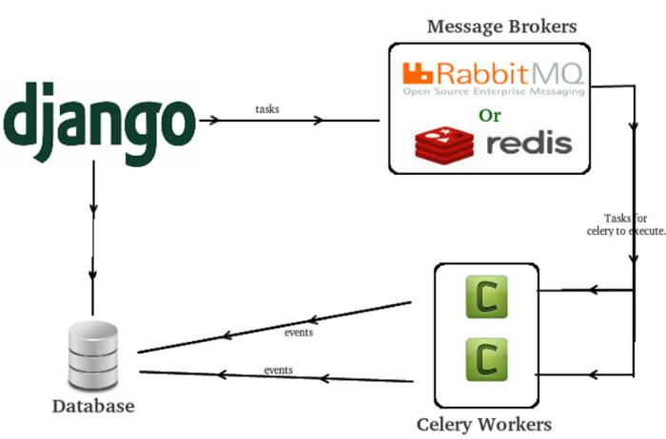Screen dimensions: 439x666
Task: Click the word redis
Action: (529, 143)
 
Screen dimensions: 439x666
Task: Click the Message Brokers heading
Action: (490, 26)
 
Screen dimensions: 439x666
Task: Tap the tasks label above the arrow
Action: (267, 109)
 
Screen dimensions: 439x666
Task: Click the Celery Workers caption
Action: (484, 422)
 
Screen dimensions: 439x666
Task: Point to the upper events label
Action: (299, 333)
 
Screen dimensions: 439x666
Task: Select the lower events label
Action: (278, 370)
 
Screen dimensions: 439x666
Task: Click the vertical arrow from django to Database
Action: (92, 238)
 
